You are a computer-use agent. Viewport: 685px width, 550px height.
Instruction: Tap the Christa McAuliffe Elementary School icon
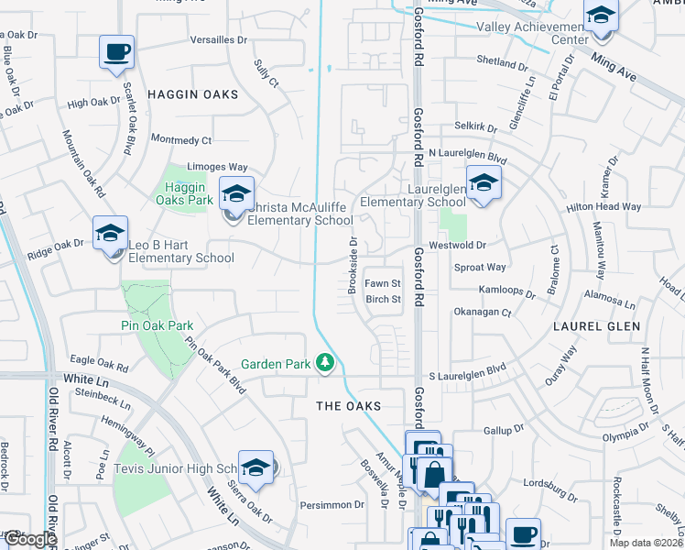(x=235, y=194)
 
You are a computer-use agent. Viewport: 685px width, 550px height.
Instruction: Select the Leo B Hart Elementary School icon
(x=110, y=234)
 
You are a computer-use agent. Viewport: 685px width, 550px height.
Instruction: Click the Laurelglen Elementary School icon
(x=483, y=182)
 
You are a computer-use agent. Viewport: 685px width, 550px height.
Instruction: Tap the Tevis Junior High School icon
(x=256, y=467)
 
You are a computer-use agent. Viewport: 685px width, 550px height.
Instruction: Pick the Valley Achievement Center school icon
(x=601, y=16)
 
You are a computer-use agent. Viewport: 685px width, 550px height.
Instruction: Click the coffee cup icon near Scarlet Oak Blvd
(x=116, y=52)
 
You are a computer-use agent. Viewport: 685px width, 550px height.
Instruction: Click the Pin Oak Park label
(x=157, y=325)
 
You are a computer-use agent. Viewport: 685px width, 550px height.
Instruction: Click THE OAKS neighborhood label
(x=348, y=405)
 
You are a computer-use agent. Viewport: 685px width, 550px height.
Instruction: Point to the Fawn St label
(x=384, y=283)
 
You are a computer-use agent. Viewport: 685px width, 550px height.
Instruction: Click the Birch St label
(x=384, y=299)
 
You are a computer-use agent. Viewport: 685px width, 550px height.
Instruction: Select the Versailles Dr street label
(x=219, y=40)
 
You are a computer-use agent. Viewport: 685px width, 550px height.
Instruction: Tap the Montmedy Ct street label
(x=180, y=140)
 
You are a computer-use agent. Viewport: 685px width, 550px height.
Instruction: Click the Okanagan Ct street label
(x=482, y=313)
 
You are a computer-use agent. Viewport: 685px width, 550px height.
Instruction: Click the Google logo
(x=29, y=540)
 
